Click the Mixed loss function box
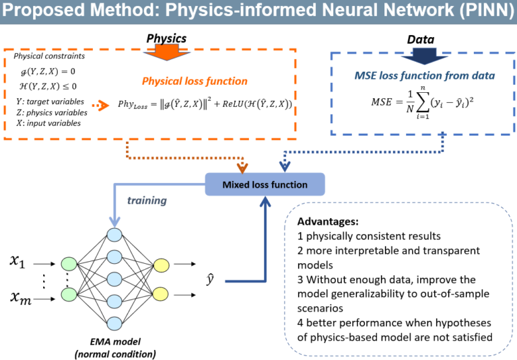265,184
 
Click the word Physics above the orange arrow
166,38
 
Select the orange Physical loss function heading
194,81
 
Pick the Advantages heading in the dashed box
328,221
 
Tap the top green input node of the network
69,264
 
